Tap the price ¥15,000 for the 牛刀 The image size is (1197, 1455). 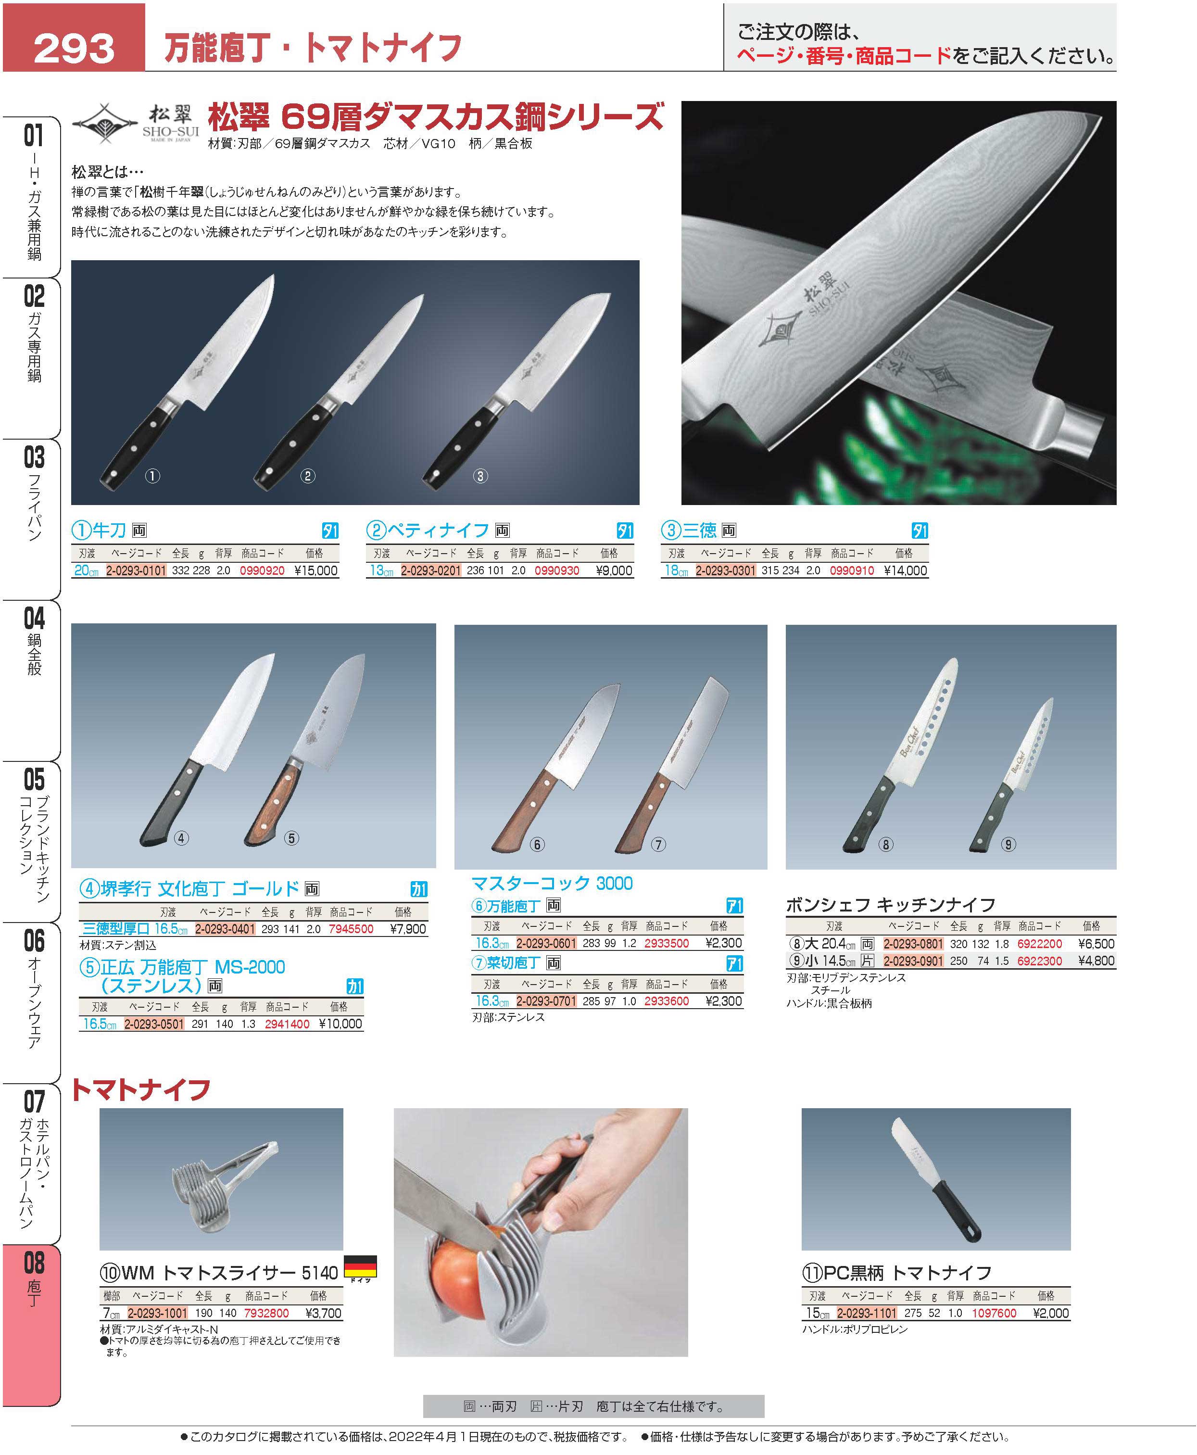tap(316, 570)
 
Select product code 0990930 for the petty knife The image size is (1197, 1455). tap(556, 570)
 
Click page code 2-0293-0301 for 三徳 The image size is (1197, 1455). tap(725, 570)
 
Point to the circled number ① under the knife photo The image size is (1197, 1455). tap(152, 476)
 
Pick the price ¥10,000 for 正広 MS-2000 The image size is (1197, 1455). tap(340, 1024)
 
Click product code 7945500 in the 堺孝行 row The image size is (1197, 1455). tap(351, 929)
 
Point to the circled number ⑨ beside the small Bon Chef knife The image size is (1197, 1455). tap(1008, 844)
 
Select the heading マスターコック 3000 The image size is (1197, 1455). tap(552, 884)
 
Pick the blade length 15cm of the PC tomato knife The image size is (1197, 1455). tap(818, 1313)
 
